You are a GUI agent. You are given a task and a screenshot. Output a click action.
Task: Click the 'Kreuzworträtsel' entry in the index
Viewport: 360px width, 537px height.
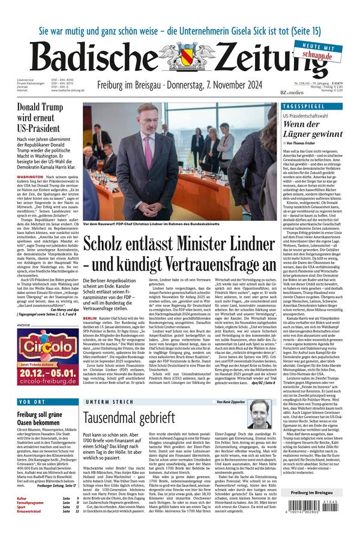pos(30,527)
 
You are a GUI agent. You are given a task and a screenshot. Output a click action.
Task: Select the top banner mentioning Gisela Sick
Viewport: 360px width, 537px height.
pos(180,14)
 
